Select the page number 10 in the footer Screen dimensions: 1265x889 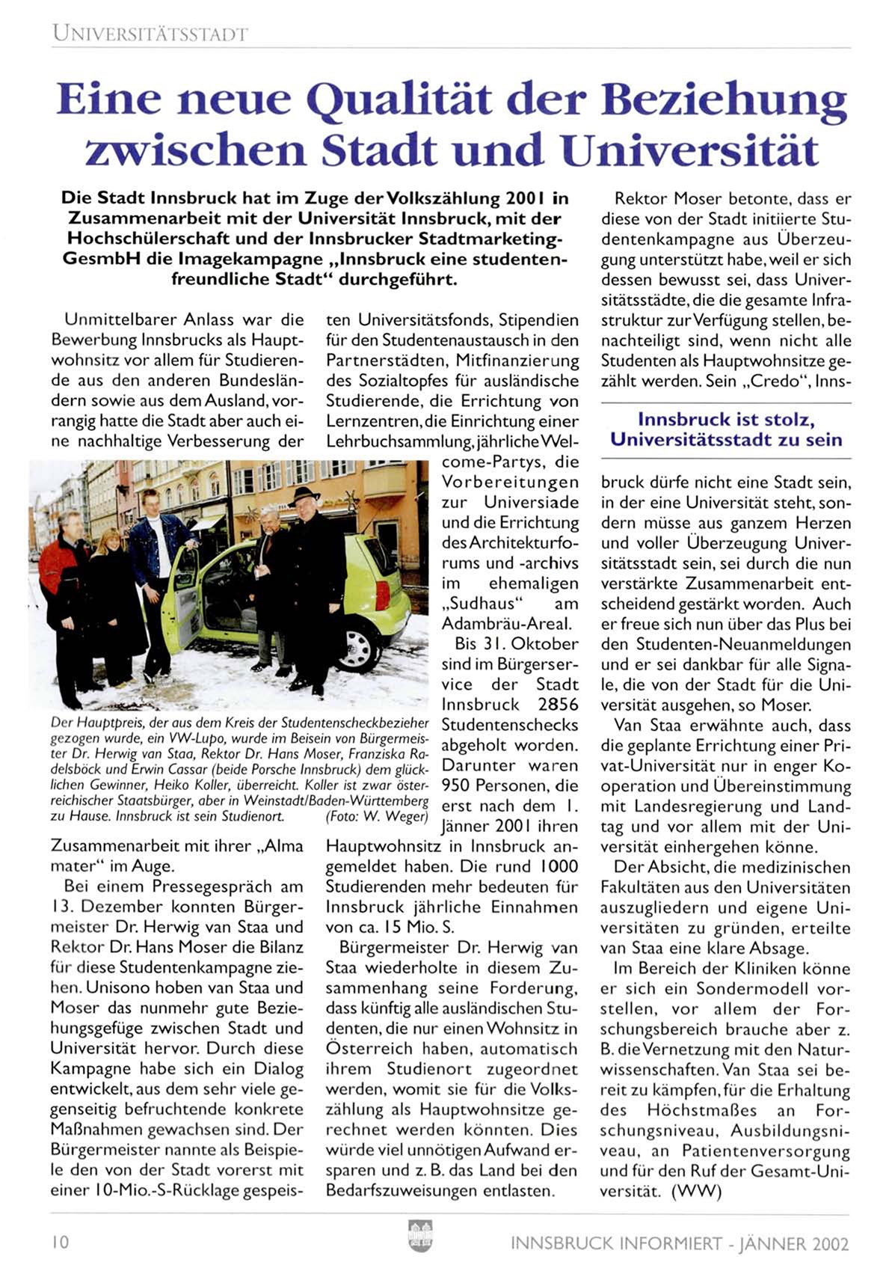(x=60, y=1243)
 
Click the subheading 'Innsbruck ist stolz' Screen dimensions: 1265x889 (x=726, y=420)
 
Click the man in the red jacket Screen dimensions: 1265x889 (x=66, y=591)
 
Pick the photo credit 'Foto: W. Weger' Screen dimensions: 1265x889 (x=378, y=816)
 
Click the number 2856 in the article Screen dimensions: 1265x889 (x=558, y=705)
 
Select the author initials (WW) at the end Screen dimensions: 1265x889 (x=697, y=1192)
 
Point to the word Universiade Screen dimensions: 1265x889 (x=531, y=502)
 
